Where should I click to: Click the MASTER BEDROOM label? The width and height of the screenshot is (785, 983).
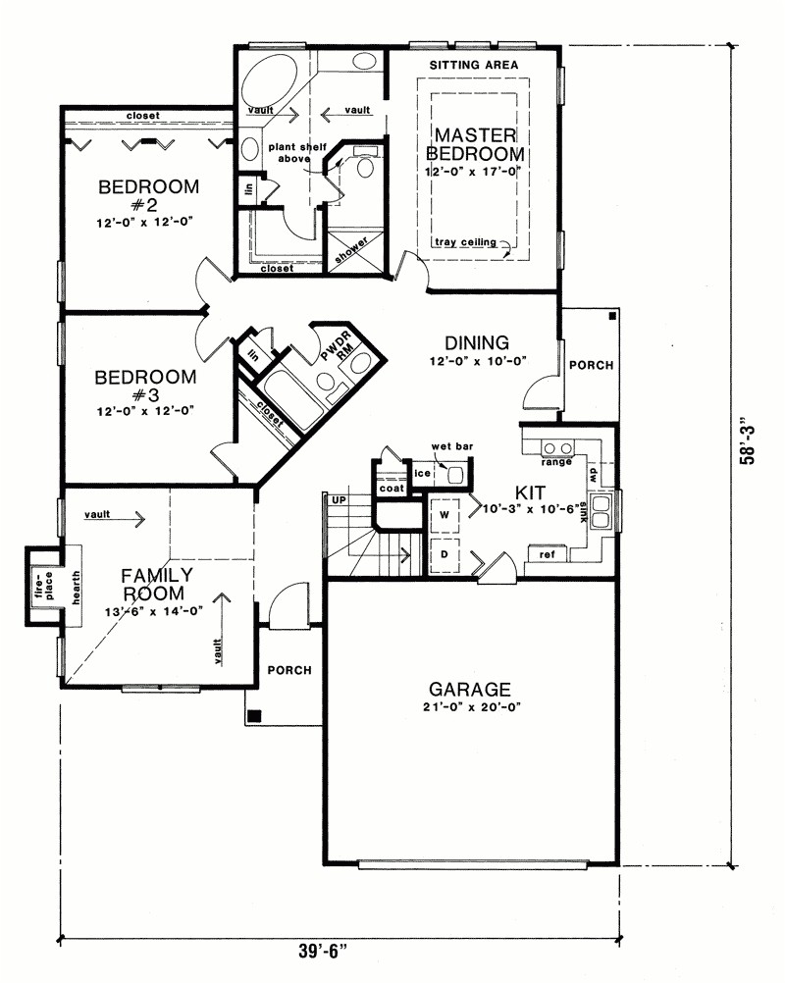coord(475,144)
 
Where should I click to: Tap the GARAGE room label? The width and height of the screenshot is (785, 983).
coord(468,689)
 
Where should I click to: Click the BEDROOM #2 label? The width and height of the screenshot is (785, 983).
coord(148,195)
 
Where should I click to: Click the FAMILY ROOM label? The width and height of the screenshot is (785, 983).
coord(157,584)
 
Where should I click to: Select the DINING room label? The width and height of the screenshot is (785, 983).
coord(476,343)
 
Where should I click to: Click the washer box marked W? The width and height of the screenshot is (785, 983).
coord(444,515)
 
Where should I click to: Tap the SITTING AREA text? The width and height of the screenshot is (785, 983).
coord(474,65)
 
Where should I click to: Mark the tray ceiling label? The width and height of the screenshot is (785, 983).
coord(467,242)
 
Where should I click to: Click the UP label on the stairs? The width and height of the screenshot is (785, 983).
coord(340,500)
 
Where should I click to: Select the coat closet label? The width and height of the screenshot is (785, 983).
coord(392,489)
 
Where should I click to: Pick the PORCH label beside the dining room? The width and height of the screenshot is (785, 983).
coord(591,365)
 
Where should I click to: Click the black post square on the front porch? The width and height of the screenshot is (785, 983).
coord(255,716)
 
